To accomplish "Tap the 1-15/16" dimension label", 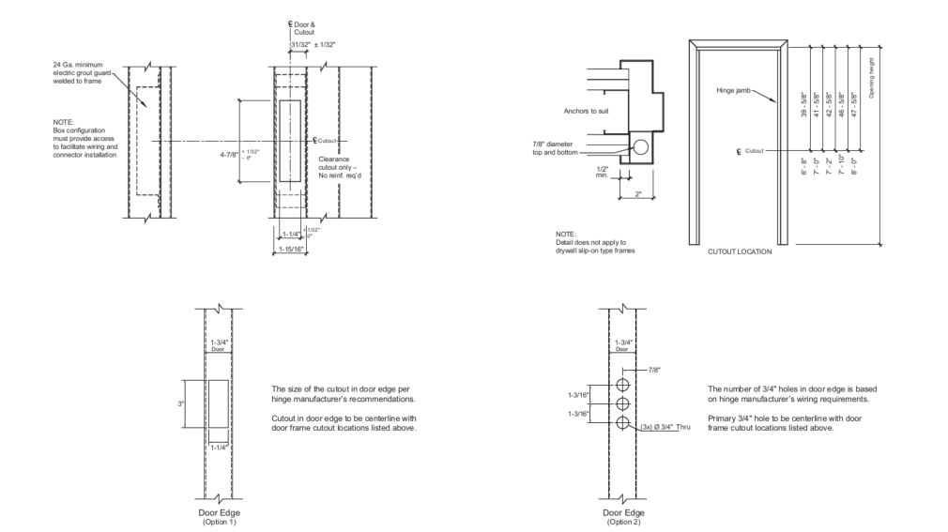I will click(x=291, y=249).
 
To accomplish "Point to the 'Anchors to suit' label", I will click(x=587, y=111).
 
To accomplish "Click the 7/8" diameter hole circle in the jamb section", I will click(x=640, y=147).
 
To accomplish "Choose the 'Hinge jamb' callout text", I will click(x=732, y=90).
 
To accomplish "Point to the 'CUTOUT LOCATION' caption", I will click(x=741, y=251).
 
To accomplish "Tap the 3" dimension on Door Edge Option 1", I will click(x=182, y=403).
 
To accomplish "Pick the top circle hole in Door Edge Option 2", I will click(x=622, y=387).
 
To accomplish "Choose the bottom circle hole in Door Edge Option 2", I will click(x=622, y=423).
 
